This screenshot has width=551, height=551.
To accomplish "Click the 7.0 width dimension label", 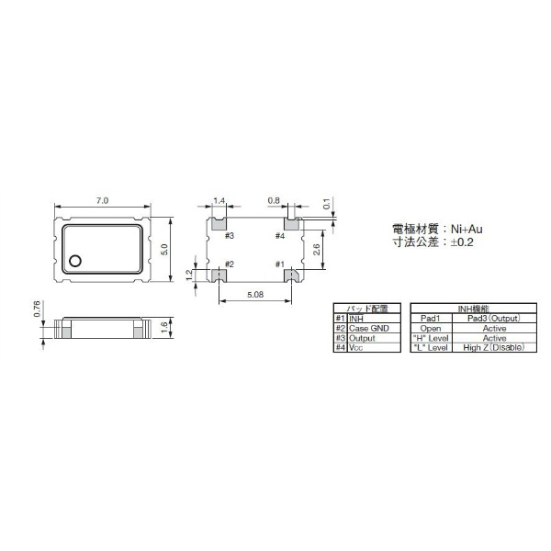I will pyautogui.click(x=101, y=199).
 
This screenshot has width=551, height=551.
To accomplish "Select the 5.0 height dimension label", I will pyautogui.click(x=164, y=248).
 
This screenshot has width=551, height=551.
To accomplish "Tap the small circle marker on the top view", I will pyautogui.click(x=76, y=261).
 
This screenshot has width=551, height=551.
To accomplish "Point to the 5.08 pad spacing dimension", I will pyautogui.click(x=256, y=294).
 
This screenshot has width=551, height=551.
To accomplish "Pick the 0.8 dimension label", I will pyautogui.click(x=274, y=199).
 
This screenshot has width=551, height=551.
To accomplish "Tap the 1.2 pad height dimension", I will pyautogui.click(x=190, y=274).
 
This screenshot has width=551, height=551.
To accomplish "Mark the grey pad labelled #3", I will pyautogui.click(x=219, y=222).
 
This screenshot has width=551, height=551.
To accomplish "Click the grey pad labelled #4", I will pyautogui.click(x=291, y=222).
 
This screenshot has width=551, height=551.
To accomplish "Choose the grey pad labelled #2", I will pyautogui.click(x=219, y=275).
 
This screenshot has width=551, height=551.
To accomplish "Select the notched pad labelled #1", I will pyautogui.click(x=291, y=275).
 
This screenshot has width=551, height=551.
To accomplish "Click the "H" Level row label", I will pyautogui.click(x=431, y=338).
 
